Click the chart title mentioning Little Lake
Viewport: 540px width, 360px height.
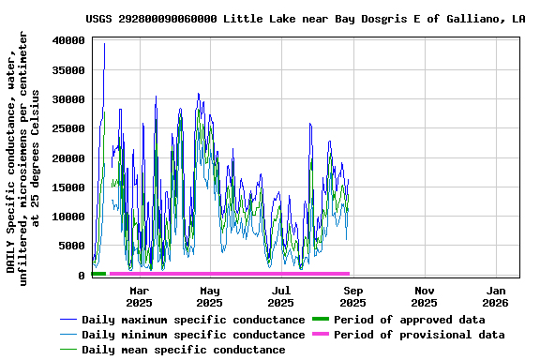click(305, 18)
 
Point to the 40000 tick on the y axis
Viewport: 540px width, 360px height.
click(68, 40)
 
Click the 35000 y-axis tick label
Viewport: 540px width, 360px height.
click(68, 70)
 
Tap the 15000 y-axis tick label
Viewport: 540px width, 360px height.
click(68, 187)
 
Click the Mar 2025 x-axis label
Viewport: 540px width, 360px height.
click(139, 296)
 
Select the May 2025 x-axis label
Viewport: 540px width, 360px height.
click(210, 296)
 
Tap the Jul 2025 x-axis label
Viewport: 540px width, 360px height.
click(281, 296)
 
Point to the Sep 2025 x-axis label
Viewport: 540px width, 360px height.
click(353, 296)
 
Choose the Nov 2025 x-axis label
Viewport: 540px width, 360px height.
click(424, 296)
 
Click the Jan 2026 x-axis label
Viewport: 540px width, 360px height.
click(495, 296)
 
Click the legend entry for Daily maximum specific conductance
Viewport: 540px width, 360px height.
click(192, 320)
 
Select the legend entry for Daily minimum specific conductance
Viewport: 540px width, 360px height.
click(192, 335)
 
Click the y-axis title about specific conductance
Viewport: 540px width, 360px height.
click(23, 155)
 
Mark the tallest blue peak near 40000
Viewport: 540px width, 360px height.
click(104, 44)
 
